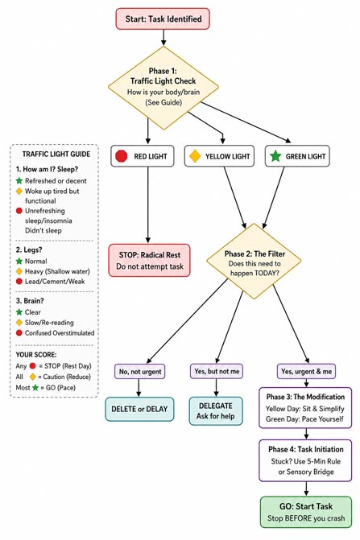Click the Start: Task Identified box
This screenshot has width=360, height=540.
[x=163, y=19]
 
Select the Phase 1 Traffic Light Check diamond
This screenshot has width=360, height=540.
[x=163, y=88]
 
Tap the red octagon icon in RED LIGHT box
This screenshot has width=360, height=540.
[x=122, y=156]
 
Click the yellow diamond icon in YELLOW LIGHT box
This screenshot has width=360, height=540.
[x=195, y=156]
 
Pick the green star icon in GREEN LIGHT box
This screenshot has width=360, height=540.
[x=275, y=156]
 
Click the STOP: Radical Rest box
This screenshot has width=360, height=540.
[x=149, y=261]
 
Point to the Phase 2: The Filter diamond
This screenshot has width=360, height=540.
[x=254, y=261]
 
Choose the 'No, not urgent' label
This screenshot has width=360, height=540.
[x=140, y=372]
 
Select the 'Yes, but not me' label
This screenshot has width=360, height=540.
[x=217, y=371]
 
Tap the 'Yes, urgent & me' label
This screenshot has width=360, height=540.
[x=306, y=372]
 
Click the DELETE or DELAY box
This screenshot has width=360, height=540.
[x=139, y=409]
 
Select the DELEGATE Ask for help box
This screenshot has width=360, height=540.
[x=216, y=411]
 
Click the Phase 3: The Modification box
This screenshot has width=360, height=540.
[x=305, y=408]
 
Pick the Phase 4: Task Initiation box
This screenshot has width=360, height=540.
[x=305, y=460]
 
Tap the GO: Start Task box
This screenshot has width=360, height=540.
[x=306, y=512]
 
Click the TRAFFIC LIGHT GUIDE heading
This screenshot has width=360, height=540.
[x=56, y=155]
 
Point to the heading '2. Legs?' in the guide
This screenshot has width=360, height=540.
[x=29, y=249]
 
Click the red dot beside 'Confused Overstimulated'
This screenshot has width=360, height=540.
[x=19, y=332]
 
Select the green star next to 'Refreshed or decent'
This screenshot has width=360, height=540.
[x=19, y=180]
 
